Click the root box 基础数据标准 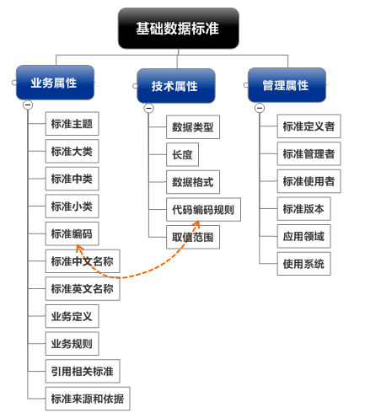(x=178, y=28)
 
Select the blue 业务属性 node (x=54, y=83)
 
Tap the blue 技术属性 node (x=175, y=86)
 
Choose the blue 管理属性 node (x=285, y=85)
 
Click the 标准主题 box (x=72, y=126)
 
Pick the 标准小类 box (x=72, y=206)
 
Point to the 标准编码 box (x=72, y=233)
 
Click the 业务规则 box (x=72, y=343)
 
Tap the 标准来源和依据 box (x=88, y=398)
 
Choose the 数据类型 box (x=193, y=128)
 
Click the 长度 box (x=183, y=155)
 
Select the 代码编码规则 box (x=203, y=210)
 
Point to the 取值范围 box (x=193, y=238)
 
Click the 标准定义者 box (x=309, y=127)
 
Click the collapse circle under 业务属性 (x=28, y=105)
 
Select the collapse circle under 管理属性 (x=259, y=107)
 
